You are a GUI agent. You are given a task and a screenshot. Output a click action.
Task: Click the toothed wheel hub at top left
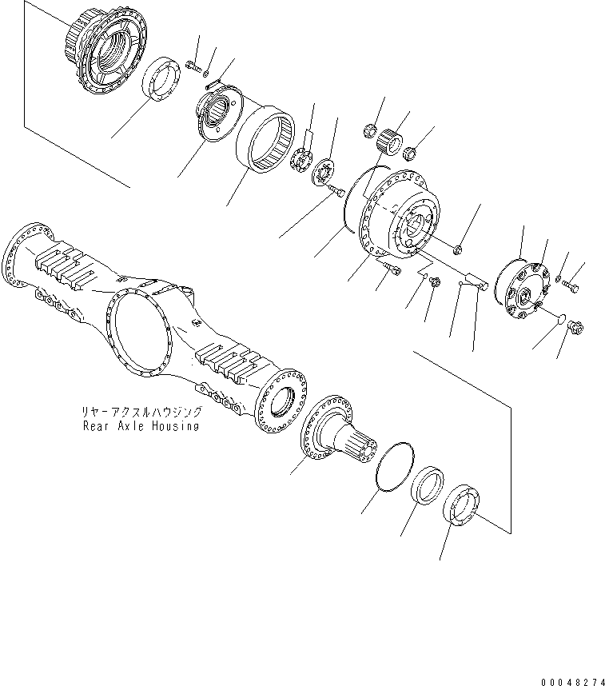click(x=107, y=48)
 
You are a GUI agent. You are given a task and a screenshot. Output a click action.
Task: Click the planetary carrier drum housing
click(x=398, y=215)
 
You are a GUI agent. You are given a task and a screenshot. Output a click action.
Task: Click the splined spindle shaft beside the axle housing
click(x=339, y=428)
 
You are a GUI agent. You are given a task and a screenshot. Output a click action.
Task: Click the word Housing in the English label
click(x=175, y=425)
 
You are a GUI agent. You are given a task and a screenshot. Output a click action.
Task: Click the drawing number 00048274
click(x=572, y=682)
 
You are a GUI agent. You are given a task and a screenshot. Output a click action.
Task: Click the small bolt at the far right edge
click(x=571, y=285)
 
